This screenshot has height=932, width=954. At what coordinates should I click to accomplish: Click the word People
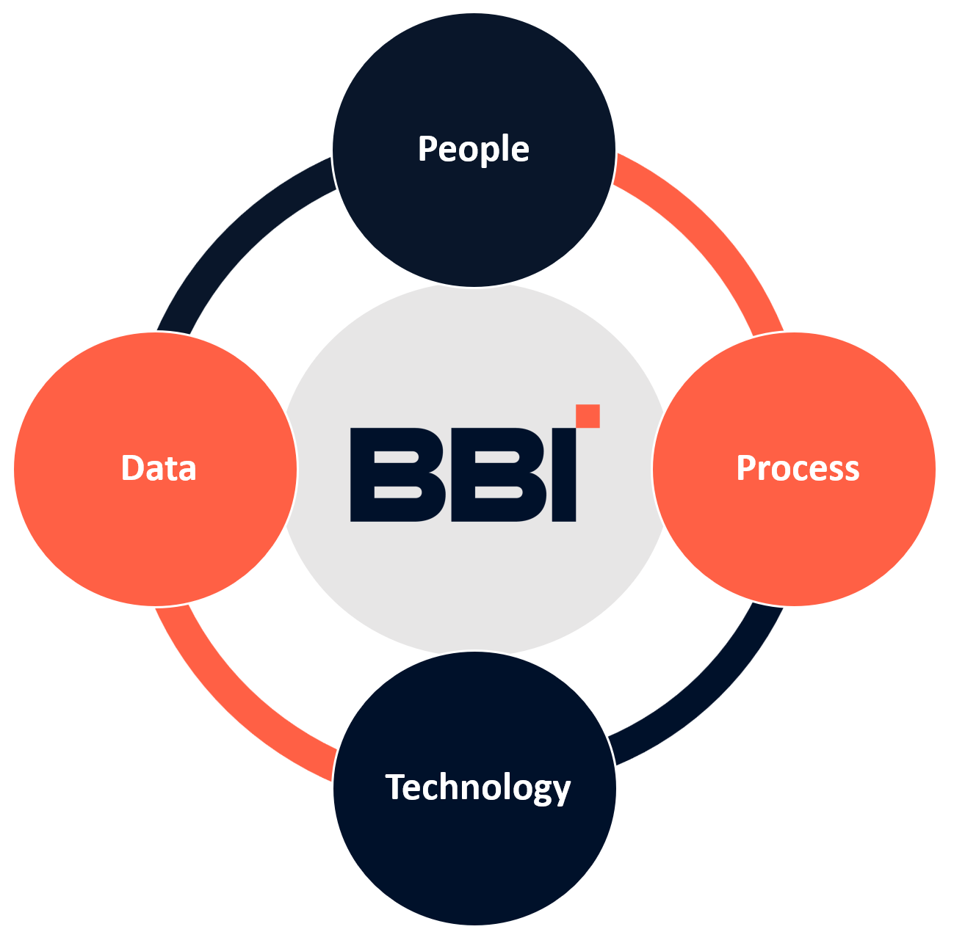[x=473, y=149]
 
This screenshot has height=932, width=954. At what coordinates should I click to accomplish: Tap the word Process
[x=798, y=468]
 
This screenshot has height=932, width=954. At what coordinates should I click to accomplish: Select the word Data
[x=159, y=468]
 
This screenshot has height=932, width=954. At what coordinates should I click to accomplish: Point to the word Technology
[x=477, y=787]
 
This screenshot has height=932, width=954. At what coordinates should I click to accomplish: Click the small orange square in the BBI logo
[x=588, y=415]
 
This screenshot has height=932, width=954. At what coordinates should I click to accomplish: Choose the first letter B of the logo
[x=397, y=475]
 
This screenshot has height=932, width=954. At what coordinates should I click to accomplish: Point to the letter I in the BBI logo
[x=563, y=475]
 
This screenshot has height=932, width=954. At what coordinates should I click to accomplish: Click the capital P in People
[x=427, y=148]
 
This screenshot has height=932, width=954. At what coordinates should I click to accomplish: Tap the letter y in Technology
[x=562, y=791]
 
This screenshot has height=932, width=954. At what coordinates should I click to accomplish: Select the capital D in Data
[x=131, y=468]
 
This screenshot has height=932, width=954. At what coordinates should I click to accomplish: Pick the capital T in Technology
[x=395, y=787]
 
